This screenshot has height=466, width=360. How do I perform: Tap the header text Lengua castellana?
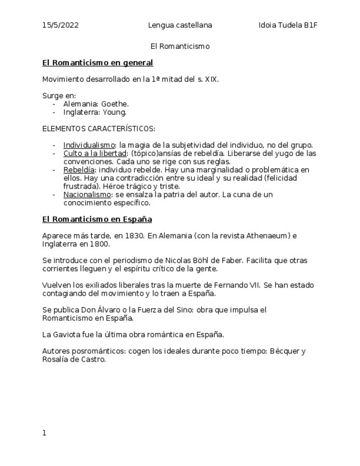[180, 25]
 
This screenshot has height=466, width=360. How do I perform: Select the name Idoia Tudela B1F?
[288, 25]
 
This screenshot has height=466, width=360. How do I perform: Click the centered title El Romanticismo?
[180, 46]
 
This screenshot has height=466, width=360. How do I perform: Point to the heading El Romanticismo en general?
[97, 63]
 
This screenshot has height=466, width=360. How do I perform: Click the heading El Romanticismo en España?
[97, 219]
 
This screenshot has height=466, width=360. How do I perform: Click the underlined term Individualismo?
[85, 145]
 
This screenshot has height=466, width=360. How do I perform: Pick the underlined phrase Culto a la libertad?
[95, 153]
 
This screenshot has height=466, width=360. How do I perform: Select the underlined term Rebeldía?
[79, 170]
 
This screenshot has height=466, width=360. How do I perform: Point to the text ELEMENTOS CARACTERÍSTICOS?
[98, 129]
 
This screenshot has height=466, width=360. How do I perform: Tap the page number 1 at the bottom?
[45, 433]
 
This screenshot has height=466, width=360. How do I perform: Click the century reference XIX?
[211, 79]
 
